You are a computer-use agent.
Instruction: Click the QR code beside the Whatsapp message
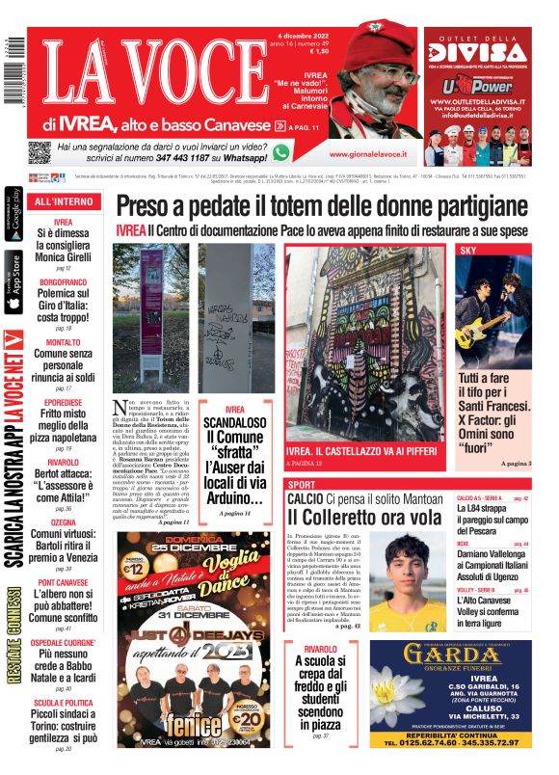40,151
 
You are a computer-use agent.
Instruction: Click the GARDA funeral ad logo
449,663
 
